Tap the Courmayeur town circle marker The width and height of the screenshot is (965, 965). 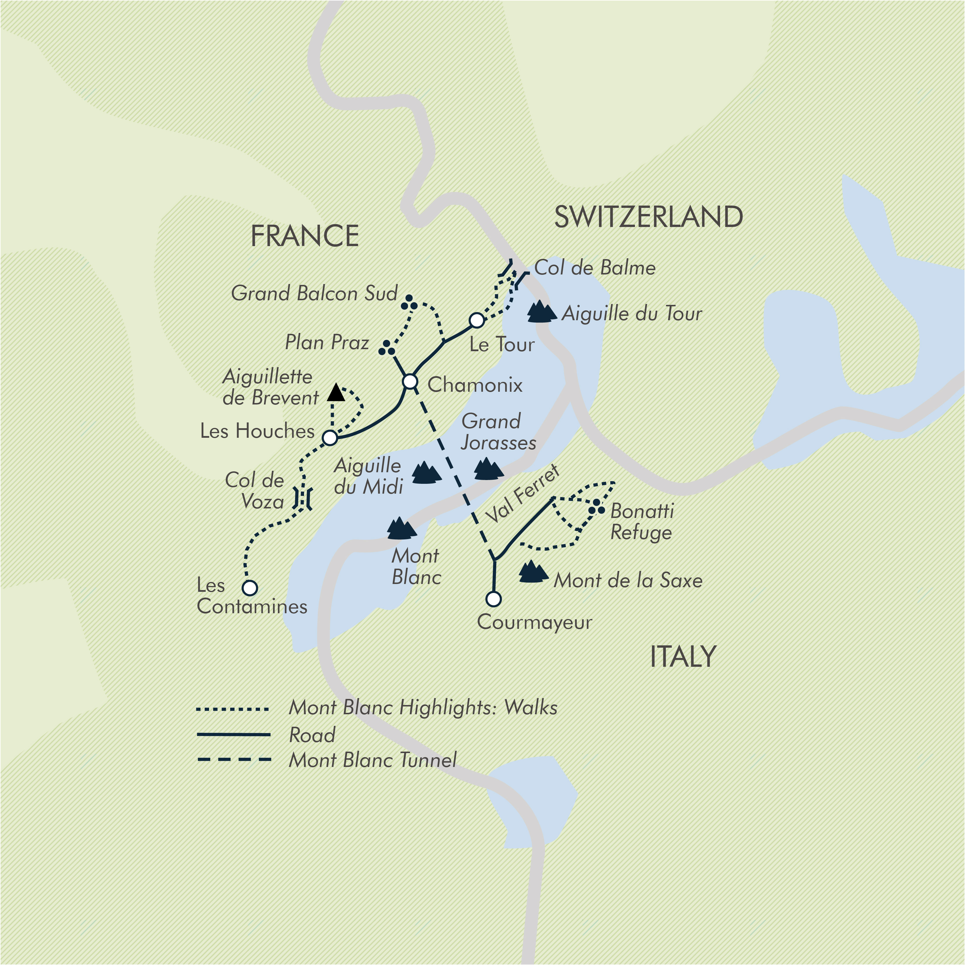pyautogui.click(x=493, y=598)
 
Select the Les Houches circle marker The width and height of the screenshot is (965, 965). pyautogui.click(x=330, y=438)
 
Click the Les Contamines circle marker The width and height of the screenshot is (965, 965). pyautogui.click(x=250, y=588)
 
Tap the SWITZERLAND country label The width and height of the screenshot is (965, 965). pyautogui.click(x=648, y=217)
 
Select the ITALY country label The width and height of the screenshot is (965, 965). pyautogui.click(x=683, y=657)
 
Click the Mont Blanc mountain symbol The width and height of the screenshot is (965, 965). pyautogui.click(x=401, y=528)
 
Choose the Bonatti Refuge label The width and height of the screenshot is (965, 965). pyautogui.click(x=642, y=521)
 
